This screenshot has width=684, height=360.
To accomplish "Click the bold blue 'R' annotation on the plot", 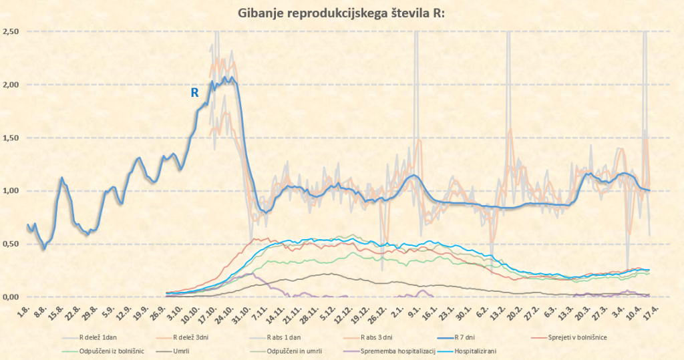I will click(195, 93).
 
